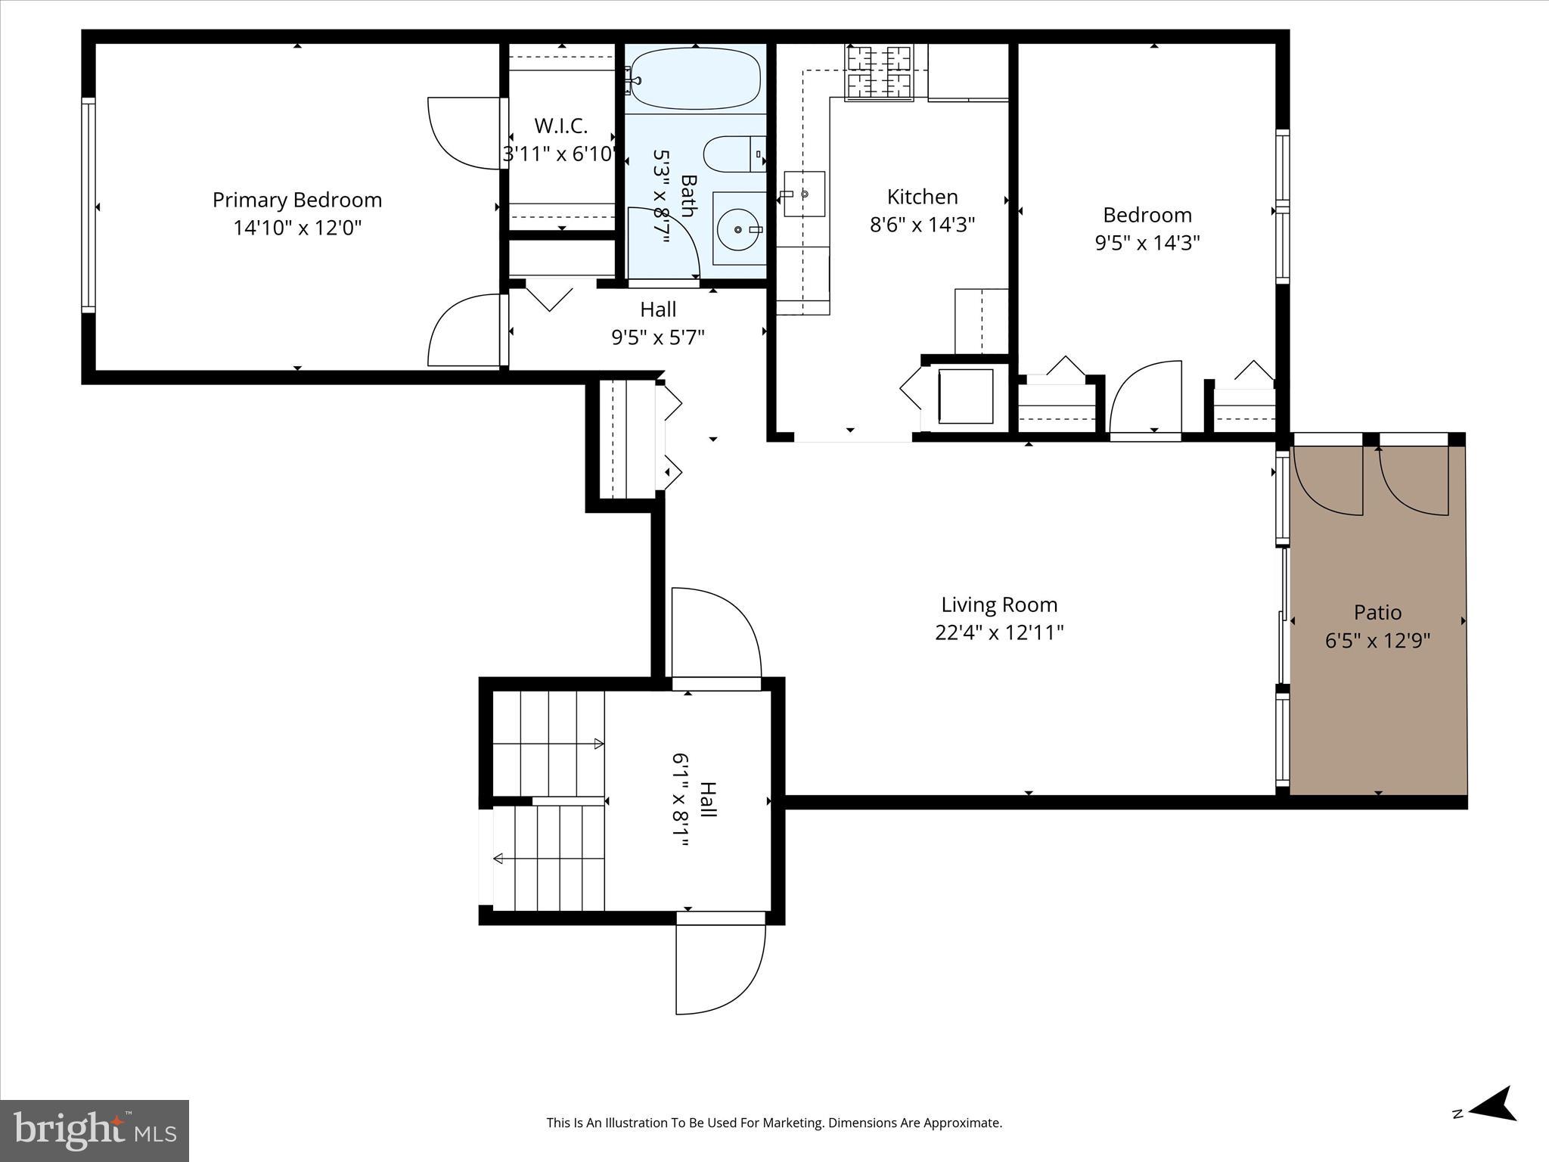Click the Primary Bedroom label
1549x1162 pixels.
click(297, 200)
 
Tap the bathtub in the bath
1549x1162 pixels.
click(695, 79)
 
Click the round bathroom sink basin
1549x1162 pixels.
click(738, 228)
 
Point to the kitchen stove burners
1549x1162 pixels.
click(878, 73)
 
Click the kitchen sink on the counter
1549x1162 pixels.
click(804, 194)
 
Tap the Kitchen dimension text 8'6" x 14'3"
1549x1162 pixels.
click(922, 225)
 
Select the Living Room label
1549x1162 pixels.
click(999, 604)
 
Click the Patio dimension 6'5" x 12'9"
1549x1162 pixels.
click(1377, 641)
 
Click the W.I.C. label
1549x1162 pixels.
click(560, 126)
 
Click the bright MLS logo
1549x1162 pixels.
click(95, 1130)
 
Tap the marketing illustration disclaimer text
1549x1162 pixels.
click(774, 1123)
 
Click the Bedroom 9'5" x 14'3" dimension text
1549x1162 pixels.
click(1147, 243)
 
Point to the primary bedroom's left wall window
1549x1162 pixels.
click(88, 205)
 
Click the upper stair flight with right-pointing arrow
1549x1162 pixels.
click(548, 743)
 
